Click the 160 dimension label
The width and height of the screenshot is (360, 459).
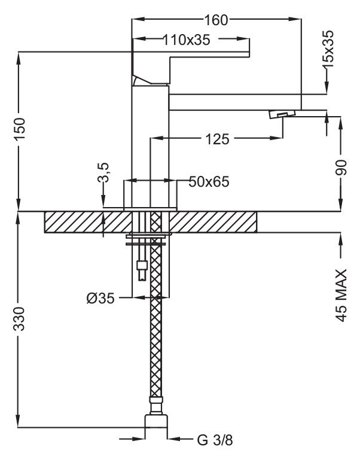coord(216,20)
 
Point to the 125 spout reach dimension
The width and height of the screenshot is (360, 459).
coord(217,139)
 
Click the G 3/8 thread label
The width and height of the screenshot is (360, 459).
coord(215,441)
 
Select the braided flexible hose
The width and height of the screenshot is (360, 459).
coord(157,335)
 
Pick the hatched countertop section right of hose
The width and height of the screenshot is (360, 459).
coord(215,221)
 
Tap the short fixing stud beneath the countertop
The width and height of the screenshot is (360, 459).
coord(142,269)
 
